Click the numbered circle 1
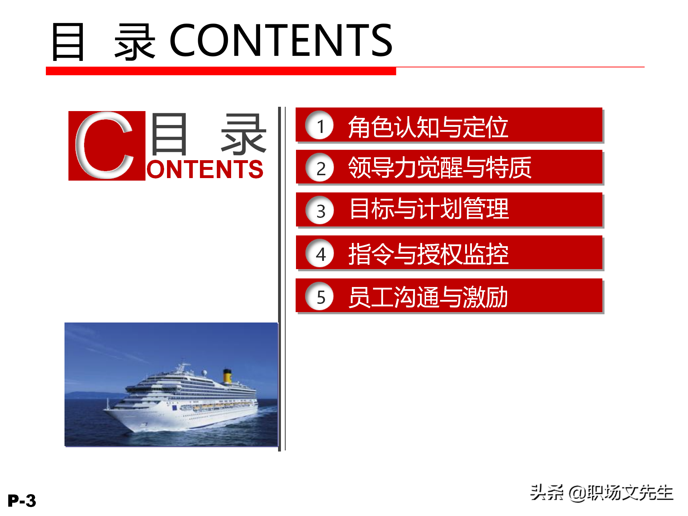tap(320, 125)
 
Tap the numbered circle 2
tap(320, 168)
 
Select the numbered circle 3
tap(320, 210)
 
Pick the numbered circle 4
tap(320, 253)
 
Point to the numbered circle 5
tap(320, 296)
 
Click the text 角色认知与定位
tap(428, 127)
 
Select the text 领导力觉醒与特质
tap(440, 168)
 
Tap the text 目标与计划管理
tap(429, 209)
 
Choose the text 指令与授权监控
tap(428, 254)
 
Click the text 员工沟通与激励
tap(428, 297)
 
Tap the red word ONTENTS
tap(205, 169)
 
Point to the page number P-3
tap(22, 501)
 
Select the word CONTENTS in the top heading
tap(281, 40)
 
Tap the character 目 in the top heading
tap(68, 42)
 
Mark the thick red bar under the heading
tap(221, 71)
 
